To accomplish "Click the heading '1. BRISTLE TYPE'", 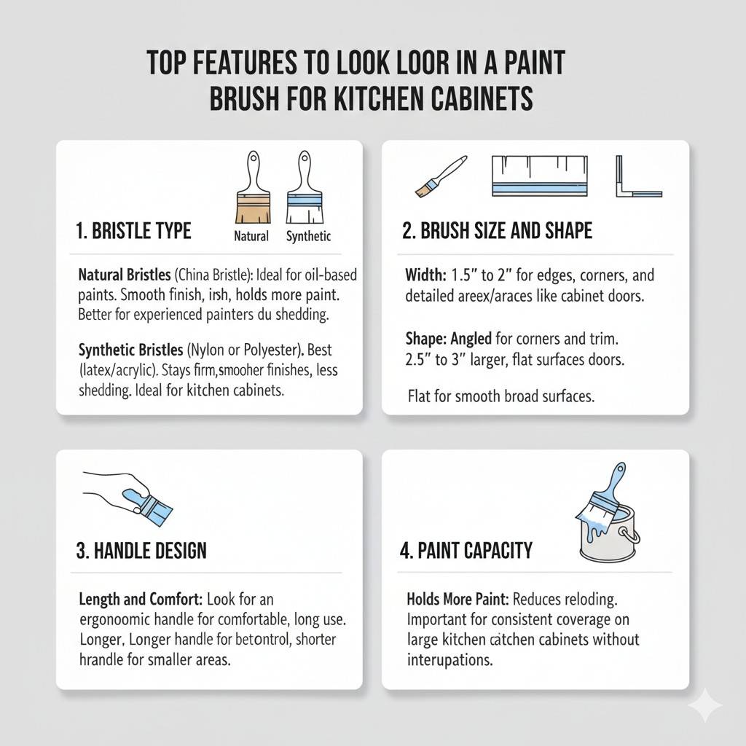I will pyautogui.click(x=133, y=232).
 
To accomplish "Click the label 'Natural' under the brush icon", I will pyautogui.click(x=251, y=236).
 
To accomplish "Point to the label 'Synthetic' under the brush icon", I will pyautogui.click(x=308, y=236).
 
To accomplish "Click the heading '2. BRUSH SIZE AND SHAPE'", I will pyautogui.click(x=497, y=232).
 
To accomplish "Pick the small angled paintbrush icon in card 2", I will pyautogui.click(x=439, y=176).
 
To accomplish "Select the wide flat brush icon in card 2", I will pyautogui.click(x=539, y=176).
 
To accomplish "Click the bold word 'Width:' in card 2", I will pyautogui.click(x=427, y=276).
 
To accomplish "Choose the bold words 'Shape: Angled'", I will pyautogui.click(x=449, y=339).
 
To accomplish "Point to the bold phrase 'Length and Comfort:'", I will pyautogui.click(x=141, y=600).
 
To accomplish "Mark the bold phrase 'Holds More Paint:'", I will pyautogui.click(x=458, y=600).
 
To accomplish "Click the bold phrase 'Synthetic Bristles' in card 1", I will pyautogui.click(x=130, y=351).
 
